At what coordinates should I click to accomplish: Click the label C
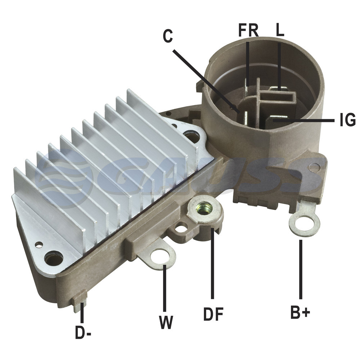pos(168,36)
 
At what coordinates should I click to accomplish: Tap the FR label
pos(248,30)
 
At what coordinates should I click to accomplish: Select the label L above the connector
pos(280,30)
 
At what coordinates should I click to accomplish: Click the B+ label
pos(300,312)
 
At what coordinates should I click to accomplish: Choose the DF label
pos(213,314)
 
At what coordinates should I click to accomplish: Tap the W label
pos(166,322)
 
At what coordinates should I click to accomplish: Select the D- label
pos(83,332)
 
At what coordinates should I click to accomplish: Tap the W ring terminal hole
pos(160,256)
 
